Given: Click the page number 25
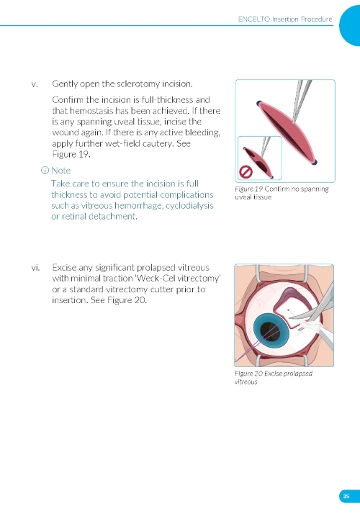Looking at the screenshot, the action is (346, 496).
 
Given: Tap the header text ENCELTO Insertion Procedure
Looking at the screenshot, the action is (285, 19).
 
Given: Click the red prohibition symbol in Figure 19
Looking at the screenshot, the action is (246, 172).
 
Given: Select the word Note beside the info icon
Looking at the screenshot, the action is (61, 171).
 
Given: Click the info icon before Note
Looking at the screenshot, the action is (45, 171).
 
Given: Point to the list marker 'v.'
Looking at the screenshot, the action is (35, 84).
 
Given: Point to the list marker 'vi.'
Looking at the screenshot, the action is (35, 268).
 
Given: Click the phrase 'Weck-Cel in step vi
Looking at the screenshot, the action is (155, 279).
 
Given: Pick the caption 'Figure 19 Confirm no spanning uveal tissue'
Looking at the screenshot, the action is (282, 193).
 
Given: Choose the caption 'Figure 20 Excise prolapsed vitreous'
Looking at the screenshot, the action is (274, 377).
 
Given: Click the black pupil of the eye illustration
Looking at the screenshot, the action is (268, 331).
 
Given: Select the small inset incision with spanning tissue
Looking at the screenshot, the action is (258, 161).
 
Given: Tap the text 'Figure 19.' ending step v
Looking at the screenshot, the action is (71, 154).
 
